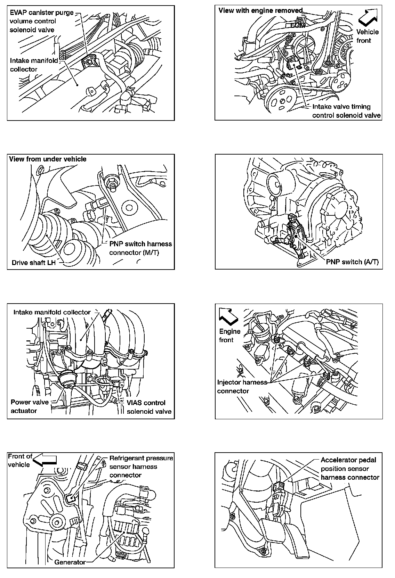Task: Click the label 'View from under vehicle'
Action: point(48,159)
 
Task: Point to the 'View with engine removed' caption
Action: point(260,10)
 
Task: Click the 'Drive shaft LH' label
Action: point(33,262)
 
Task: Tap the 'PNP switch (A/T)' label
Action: point(352,262)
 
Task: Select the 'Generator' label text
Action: point(70,562)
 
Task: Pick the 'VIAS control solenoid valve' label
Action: point(149,407)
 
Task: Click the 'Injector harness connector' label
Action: point(242,387)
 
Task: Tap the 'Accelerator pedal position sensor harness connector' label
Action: point(349,469)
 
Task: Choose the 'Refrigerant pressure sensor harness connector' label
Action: point(141,466)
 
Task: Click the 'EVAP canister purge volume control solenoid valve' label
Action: point(41,21)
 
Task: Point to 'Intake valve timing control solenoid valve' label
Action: point(346,111)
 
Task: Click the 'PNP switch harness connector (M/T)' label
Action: point(140,248)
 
